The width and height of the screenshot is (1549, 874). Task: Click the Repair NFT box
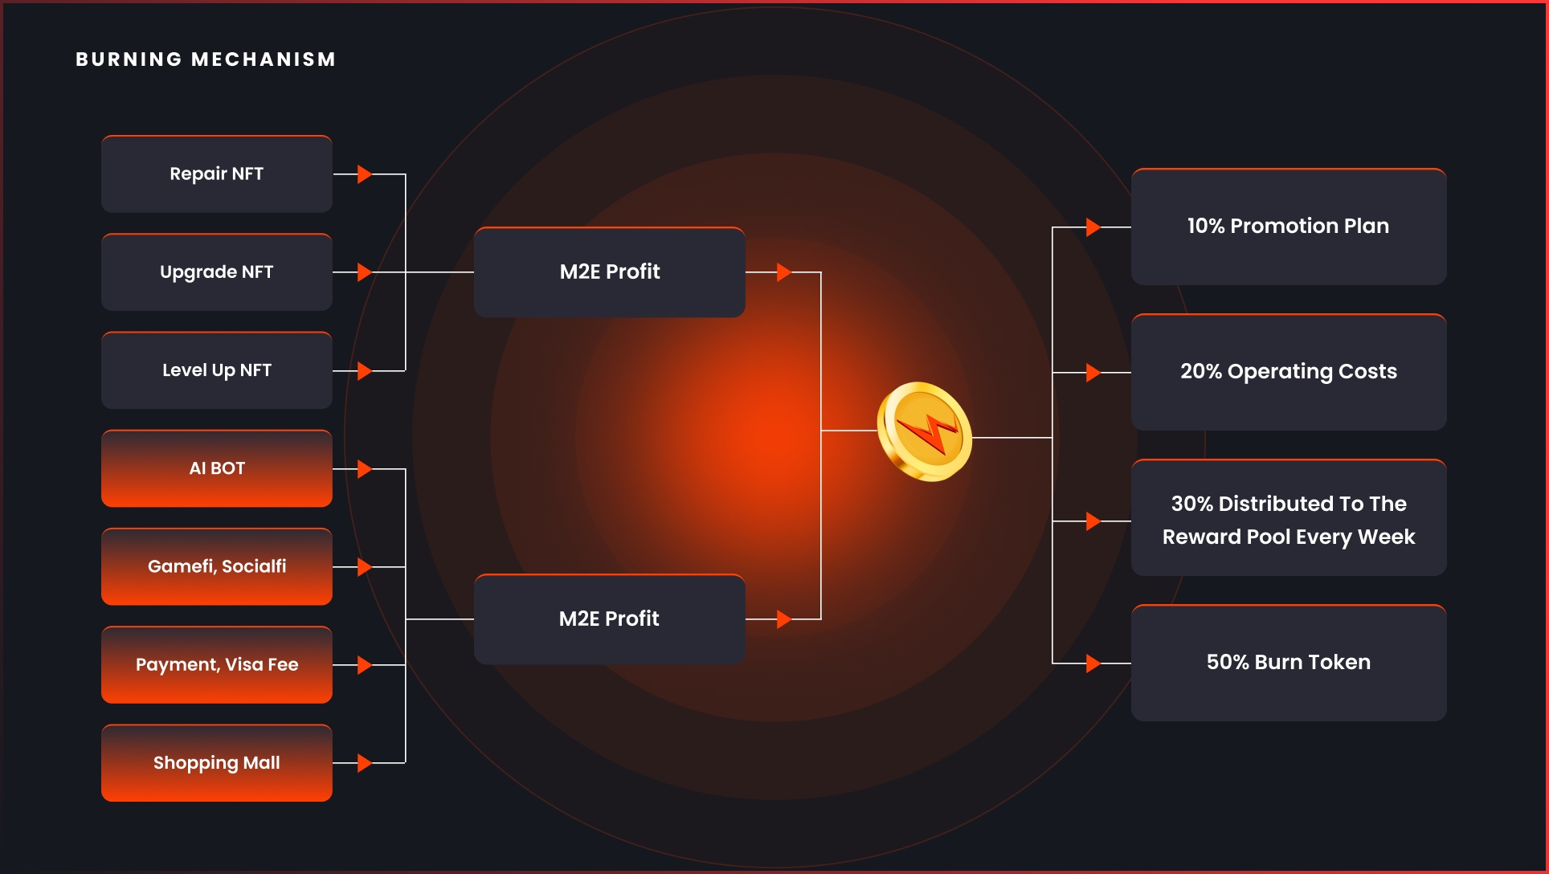pyautogui.click(x=216, y=174)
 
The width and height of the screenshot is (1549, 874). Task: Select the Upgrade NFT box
pyautogui.click(x=216, y=272)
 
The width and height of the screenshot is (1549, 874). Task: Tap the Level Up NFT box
pyautogui.click(x=216, y=370)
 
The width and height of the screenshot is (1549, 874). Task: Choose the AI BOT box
pyautogui.click(x=216, y=468)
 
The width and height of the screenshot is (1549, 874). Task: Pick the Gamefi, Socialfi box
pyautogui.click(x=216, y=566)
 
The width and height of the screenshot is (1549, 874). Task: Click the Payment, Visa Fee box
pyautogui.click(x=216, y=664)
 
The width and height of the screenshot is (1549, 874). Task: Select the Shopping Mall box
pyautogui.click(x=216, y=762)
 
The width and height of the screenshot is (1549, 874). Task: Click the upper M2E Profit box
pyautogui.click(x=609, y=272)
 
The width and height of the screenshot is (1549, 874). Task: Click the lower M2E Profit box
pyautogui.click(x=609, y=619)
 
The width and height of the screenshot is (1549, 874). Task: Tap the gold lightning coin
pyautogui.click(x=925, y=432)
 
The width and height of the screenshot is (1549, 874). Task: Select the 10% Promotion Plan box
pyautogui.click(x=1288, y=227)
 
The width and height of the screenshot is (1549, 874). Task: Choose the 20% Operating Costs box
pyautogui.click(x=1288, y=372)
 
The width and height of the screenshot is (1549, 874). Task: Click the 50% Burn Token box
pyautogui.click(x=1288, y=663)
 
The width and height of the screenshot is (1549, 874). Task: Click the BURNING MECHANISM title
pyautogui.click(x=206, y=59)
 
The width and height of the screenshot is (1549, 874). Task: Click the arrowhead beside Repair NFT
pyautogui.click(x=364, y=174)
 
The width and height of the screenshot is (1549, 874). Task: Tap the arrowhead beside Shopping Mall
pyautogui.click(x=364, y=763)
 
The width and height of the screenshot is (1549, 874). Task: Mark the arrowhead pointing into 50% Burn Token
pyautogui.click(x=1093, y=664)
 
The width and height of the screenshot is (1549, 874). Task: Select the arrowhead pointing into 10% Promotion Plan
pyautogui.click(x=1093, y=227)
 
